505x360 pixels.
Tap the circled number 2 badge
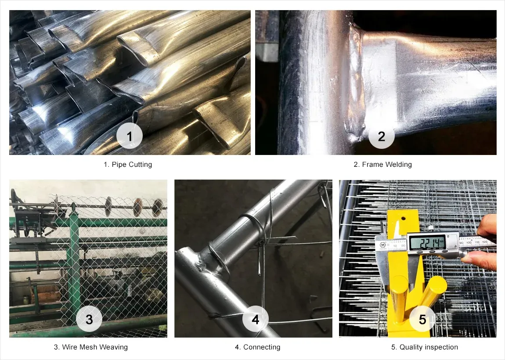(x=381, y=136)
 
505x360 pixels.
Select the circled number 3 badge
(x=89, y=319)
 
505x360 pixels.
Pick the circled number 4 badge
(x=256, y=319)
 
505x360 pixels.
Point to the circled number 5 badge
(x=422, y=319)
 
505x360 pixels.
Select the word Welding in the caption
(x=399, y=165)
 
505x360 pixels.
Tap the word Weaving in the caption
(x=113, y=347)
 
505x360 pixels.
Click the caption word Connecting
(x=261, y=347)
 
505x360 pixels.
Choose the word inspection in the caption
(x=440, y=347)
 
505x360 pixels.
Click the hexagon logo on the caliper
(x=383, y=244)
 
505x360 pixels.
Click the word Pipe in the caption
(x=119, y=165)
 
